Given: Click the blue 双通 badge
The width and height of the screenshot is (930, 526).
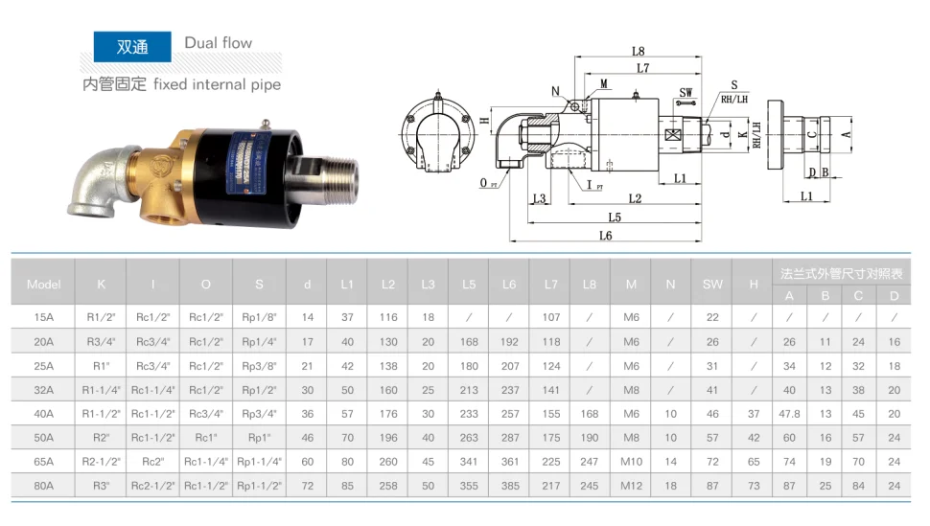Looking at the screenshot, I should [x=131, y=46].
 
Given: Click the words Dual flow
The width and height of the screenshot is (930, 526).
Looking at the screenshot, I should [x=219, y=43].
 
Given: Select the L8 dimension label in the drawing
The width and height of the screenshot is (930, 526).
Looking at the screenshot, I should [x=638, y=52].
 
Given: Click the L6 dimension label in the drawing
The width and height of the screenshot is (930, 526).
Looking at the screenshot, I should [x=605, y=235].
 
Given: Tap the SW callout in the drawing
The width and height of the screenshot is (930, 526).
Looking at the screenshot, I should [x=686, y=92].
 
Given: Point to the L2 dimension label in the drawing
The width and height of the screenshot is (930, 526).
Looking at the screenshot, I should [x=635, y=198].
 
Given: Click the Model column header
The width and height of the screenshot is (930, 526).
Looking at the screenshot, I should [x=44, y=284].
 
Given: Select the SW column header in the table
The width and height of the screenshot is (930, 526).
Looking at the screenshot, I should [x=712, y=284].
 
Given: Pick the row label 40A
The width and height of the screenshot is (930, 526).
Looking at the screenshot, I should [x=44, y=414].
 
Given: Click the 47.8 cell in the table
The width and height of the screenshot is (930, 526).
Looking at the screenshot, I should [x=789, y=414].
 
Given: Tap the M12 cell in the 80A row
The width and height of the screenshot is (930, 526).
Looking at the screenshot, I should [x=631, y=486].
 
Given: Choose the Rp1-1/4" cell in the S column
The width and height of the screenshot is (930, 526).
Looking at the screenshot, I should [x=259, y=462].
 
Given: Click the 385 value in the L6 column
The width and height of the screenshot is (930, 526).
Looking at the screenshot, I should [x=509, y=486].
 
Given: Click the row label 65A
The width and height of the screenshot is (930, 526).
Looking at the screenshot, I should [x=44, y=462].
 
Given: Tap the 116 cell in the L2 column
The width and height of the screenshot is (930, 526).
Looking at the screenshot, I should [x=387, y=316].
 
